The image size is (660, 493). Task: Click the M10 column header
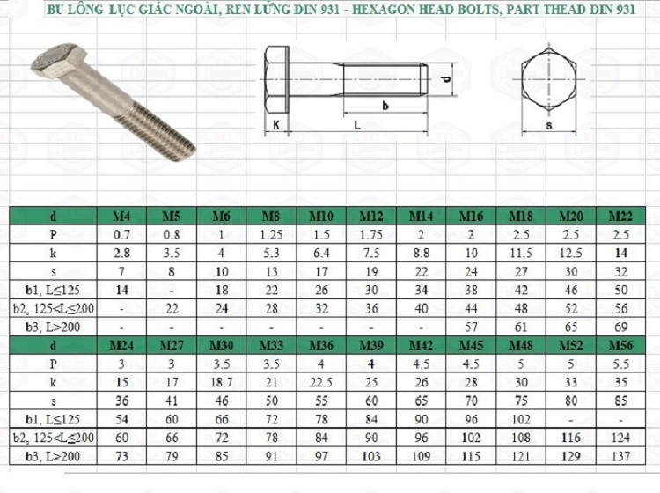pyautogui.click(x=321, y=217)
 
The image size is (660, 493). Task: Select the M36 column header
pyautogui.click(x=321, y=346)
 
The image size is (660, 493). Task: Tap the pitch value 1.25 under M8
pyautogui.click(x=272, y=235)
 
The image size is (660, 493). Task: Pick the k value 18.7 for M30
pyautogui.click(x=222, y=382)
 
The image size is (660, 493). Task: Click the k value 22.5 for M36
pyautogui.click(x=321, y=382)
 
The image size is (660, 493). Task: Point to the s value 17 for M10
pyautogui.click(x=321, y=272)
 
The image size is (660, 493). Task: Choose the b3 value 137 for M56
pyautogui.click(x=621, y=456)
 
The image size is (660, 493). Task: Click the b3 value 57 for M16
pyautogui.click(x=471, y=327)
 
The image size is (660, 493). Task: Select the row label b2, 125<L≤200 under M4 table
pyautogui.click(x=54, y=309)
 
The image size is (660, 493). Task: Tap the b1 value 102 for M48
pyautogui.click(x=521, y=419)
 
